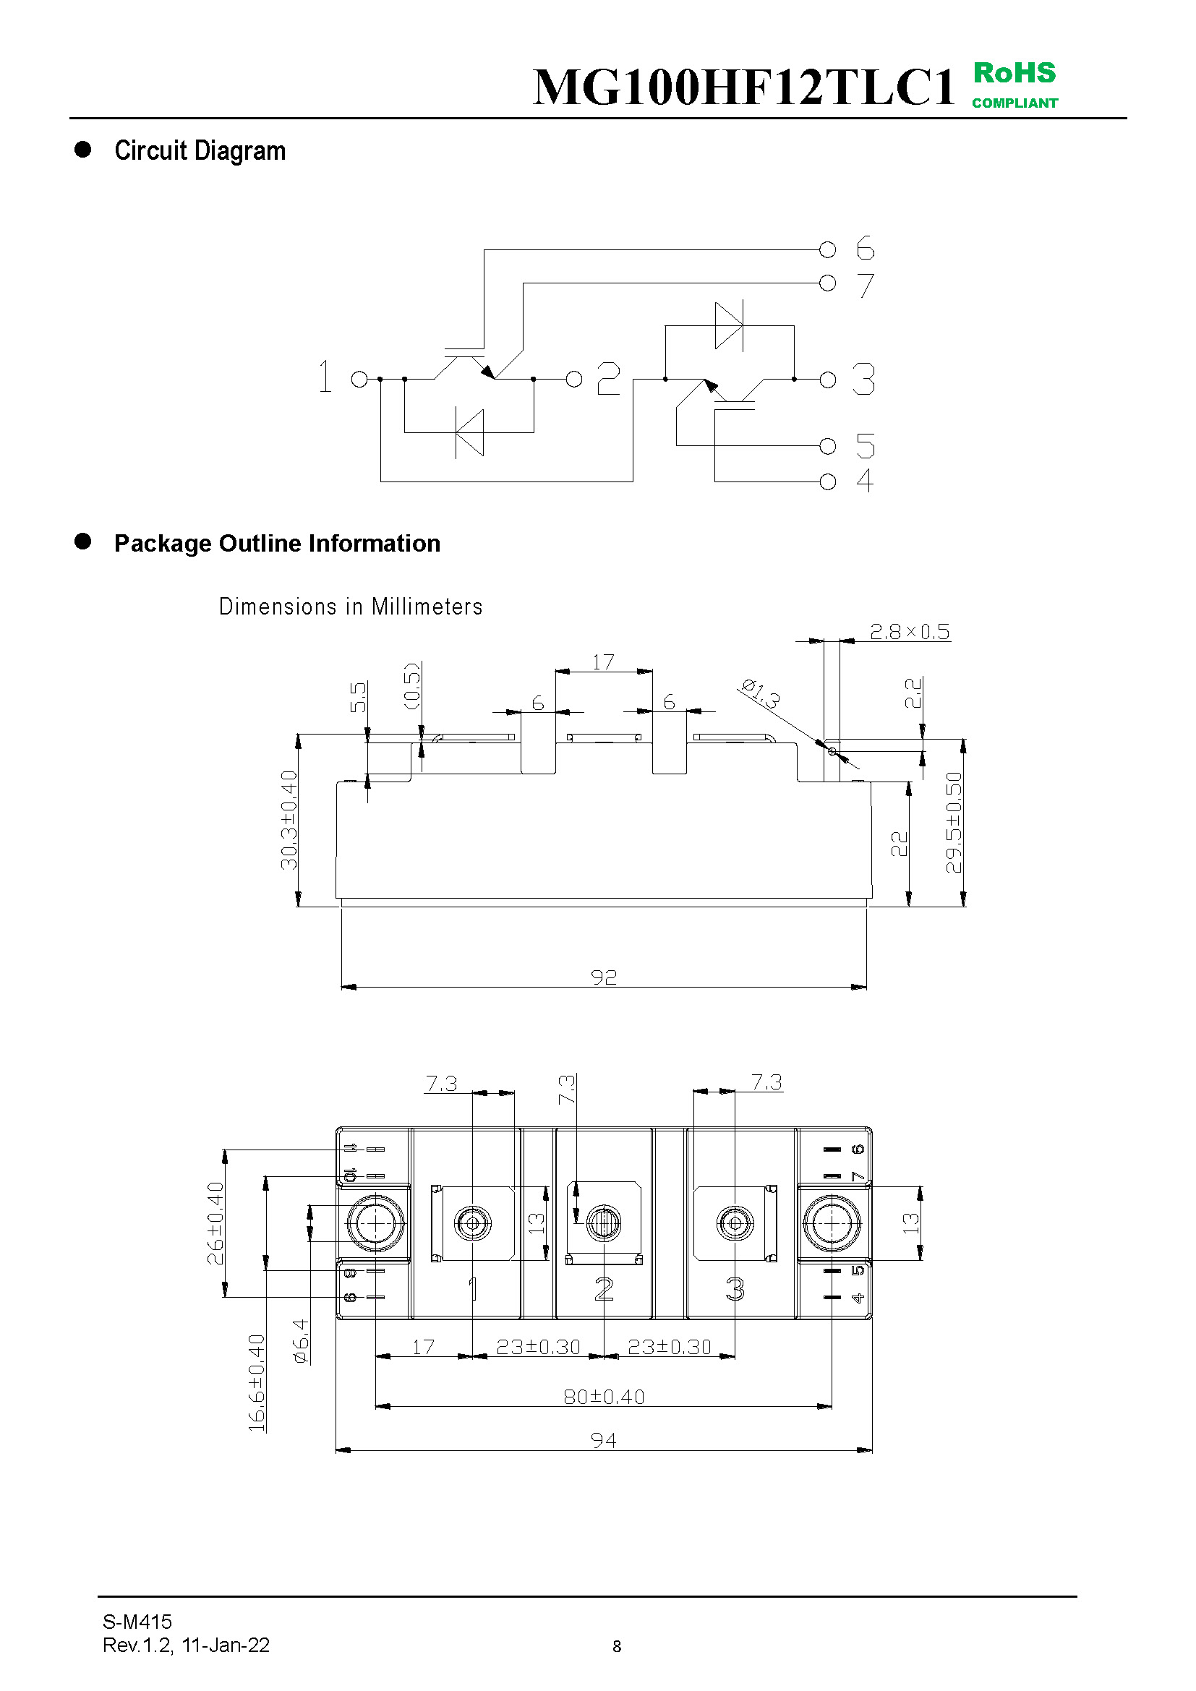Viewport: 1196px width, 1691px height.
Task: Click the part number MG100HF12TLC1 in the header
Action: point(743,87)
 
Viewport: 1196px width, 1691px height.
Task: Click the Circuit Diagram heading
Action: point(200,151)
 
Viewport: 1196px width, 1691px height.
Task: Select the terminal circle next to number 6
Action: point(828,250)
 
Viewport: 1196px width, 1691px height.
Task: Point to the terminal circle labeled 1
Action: point(359,380)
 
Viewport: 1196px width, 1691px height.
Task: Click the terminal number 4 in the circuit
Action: point(866,481)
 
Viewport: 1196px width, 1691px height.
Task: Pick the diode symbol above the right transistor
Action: point(729,325)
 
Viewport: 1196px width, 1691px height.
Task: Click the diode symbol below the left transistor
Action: point(469,432)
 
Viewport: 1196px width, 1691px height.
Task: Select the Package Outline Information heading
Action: point(277,544)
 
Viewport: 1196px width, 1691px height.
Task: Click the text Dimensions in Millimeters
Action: point(351,607)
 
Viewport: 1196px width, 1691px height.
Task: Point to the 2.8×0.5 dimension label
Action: point(910,632)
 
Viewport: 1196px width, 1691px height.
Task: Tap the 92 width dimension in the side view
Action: point(603,977)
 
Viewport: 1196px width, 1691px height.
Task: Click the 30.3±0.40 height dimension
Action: point(289,820)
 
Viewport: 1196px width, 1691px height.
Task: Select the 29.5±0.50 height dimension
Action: point(954,822)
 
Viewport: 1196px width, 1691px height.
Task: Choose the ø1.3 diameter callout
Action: point(759,694)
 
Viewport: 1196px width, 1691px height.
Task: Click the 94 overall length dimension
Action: point(603,1440)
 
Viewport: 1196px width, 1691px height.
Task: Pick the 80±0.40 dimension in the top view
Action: point(604,1397)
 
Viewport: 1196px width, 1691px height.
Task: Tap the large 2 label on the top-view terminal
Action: point(604,1289)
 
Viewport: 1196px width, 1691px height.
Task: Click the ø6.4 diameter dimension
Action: point(302,1341)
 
